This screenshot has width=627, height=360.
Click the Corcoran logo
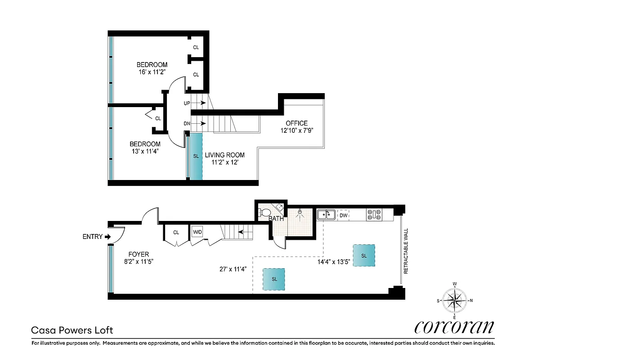[454, 327]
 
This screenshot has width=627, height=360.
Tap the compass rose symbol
[455, 300]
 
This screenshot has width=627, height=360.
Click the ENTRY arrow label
[96, 237]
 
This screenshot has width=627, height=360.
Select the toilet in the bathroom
[264, 212]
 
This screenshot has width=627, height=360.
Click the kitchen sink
[325, 215]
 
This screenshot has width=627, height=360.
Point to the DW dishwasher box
[343, 216]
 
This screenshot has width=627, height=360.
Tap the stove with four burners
[374, 215]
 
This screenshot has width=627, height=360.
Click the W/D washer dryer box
[197, 232]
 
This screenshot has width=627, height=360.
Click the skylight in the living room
[196, 156]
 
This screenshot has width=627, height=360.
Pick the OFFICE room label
[296, 123]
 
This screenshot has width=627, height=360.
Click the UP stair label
[187, 103]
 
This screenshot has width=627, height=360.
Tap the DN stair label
[187, 123]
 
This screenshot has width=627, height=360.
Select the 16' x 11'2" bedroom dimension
[152, 71]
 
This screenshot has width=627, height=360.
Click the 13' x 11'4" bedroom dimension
[145, 151]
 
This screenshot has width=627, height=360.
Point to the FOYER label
[138, 254]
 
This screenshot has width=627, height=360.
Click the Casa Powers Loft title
[72, 330]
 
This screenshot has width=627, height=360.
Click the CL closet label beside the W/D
[176, 232]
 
